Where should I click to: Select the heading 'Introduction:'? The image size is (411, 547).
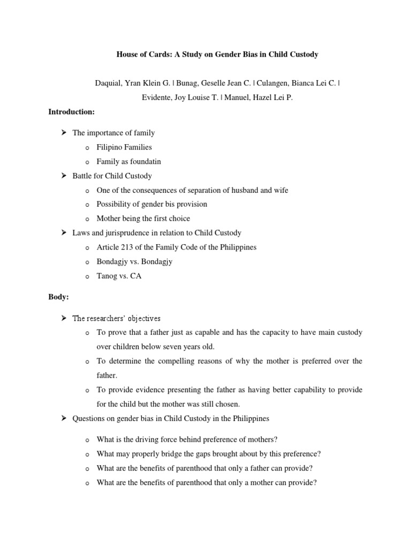click(71, 112)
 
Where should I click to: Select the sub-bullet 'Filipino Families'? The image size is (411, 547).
click(124, 147)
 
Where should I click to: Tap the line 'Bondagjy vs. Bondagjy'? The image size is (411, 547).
click(135, 262)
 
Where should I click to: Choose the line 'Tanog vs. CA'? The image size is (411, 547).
click(119, 276)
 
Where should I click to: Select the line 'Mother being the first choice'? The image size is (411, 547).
click(143, 218)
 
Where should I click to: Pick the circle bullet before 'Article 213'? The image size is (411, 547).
click(86, 248)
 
